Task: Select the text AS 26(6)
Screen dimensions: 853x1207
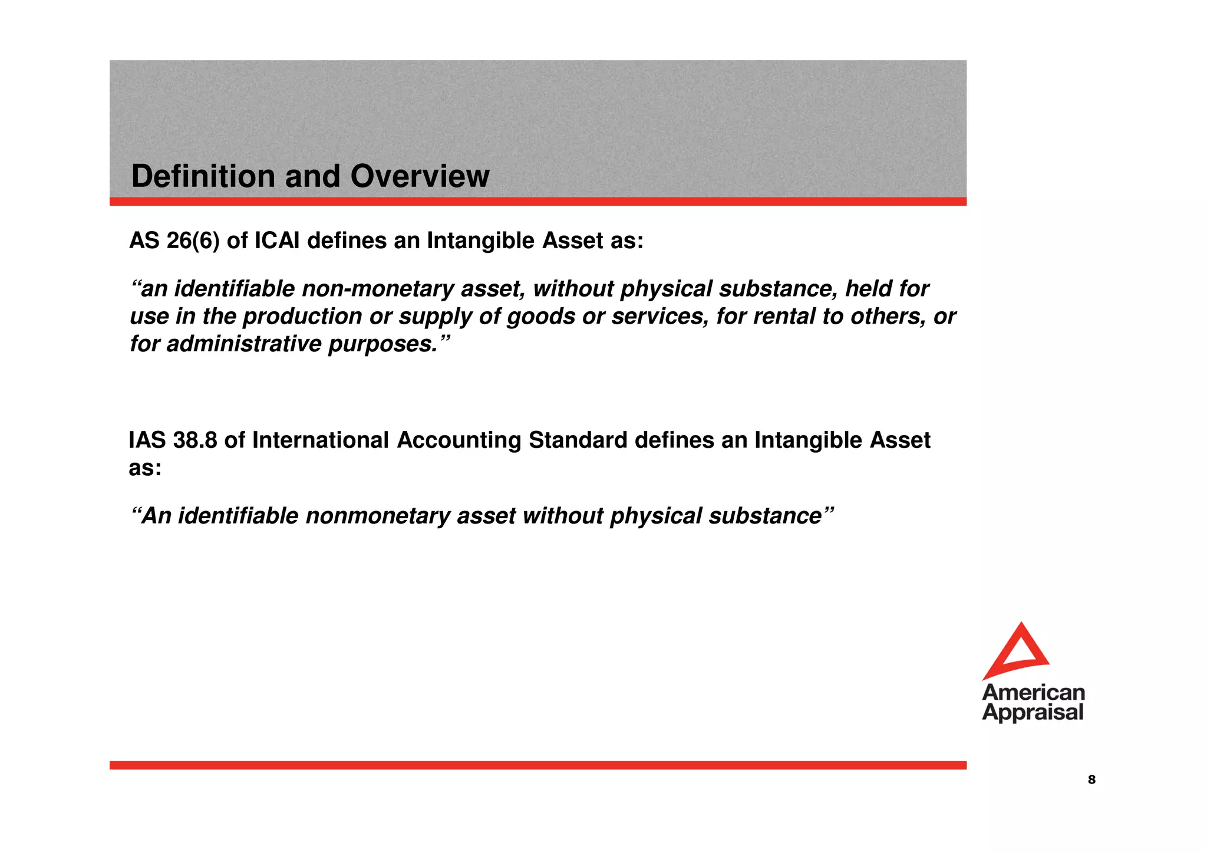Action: pos(174,241)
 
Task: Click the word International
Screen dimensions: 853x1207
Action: pos(321,440)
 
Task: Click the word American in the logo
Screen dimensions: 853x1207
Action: pos(1033,692)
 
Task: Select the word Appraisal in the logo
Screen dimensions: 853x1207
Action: pos(1033,712)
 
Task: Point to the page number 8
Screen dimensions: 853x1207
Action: pos(1091,780)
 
